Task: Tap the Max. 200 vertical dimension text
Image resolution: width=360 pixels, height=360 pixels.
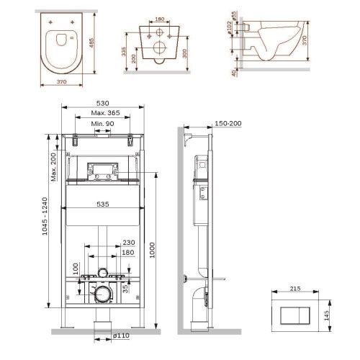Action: click(55, 167)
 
